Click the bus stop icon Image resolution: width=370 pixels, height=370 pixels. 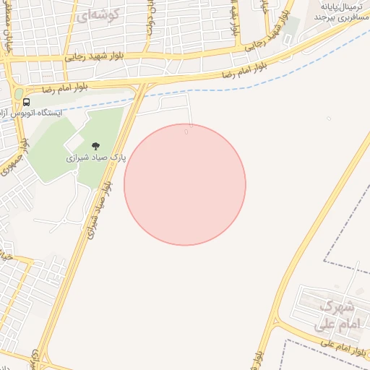27,102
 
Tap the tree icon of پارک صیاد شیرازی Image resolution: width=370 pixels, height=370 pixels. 95,146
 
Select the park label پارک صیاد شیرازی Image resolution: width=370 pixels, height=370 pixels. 96,157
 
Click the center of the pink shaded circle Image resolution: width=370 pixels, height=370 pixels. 185,184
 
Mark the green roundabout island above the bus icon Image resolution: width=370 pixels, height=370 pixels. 19,94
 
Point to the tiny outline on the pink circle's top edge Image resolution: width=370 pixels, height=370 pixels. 186,131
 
